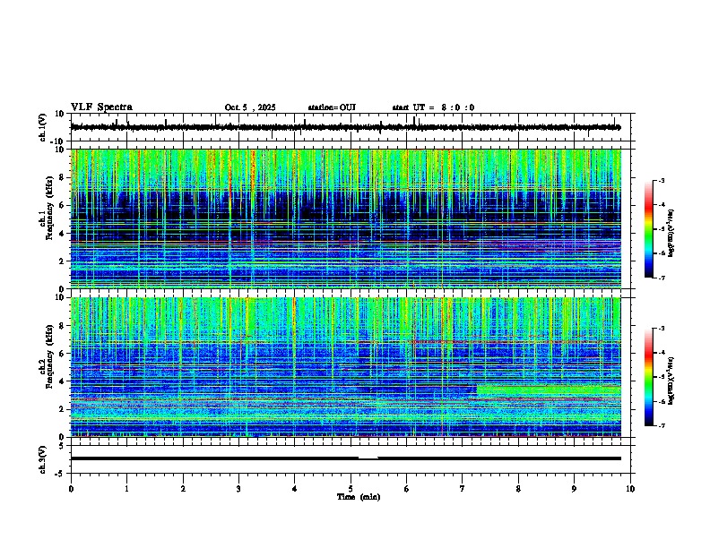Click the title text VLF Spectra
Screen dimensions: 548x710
coord(101,107)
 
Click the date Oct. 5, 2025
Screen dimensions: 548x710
coord(250,107)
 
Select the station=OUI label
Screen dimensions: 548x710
coord(332,107)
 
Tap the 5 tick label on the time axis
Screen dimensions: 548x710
coord(351,488)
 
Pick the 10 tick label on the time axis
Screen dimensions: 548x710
coord(630,488)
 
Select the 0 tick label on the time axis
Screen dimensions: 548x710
coord(71,488)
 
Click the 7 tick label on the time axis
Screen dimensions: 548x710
coord(463,488)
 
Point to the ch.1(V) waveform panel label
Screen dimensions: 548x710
coord(44,128)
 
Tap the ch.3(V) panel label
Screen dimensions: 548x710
coord(44,458)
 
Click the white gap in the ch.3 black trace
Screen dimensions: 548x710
coord(368,458)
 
